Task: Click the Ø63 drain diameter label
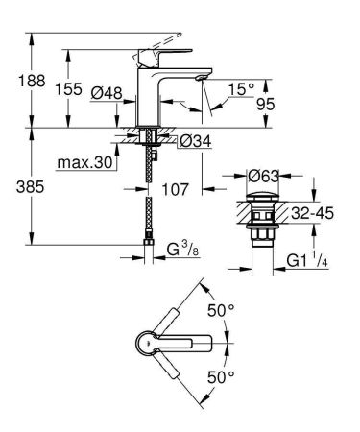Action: [262, 176]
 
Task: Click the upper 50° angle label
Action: [222, 311]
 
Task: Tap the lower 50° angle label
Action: [222, 376]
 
